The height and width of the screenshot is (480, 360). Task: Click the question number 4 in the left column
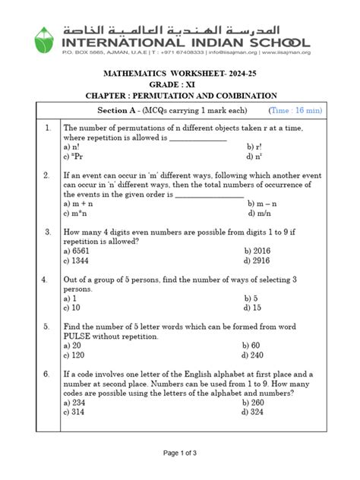48,279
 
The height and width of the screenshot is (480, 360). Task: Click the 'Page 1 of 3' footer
180,453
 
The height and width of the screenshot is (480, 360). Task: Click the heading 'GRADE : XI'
180,84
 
